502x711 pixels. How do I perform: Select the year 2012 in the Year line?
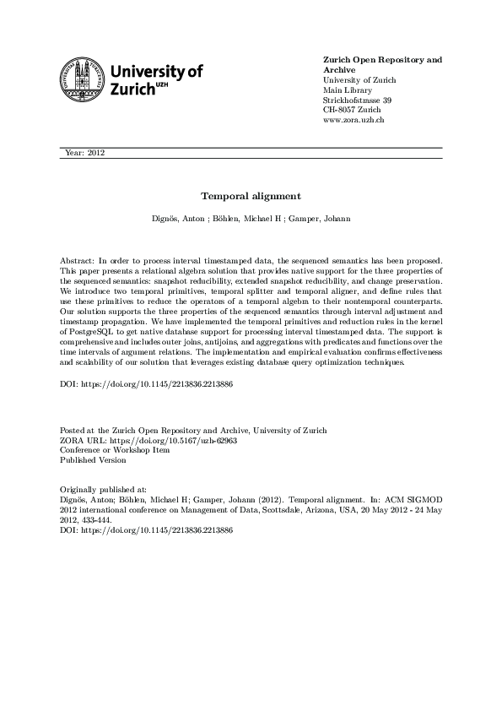tap(95, 153)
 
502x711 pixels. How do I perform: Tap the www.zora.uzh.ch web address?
tap(354, 121)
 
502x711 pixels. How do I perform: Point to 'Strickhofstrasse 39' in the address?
tap(357, 100)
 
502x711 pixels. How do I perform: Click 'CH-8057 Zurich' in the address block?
tap(353, 111)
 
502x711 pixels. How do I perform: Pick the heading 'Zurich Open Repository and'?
tap(382, 60)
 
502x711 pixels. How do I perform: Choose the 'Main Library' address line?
tap(345, 90)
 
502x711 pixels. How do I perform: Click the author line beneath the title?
tap(251, 219)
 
